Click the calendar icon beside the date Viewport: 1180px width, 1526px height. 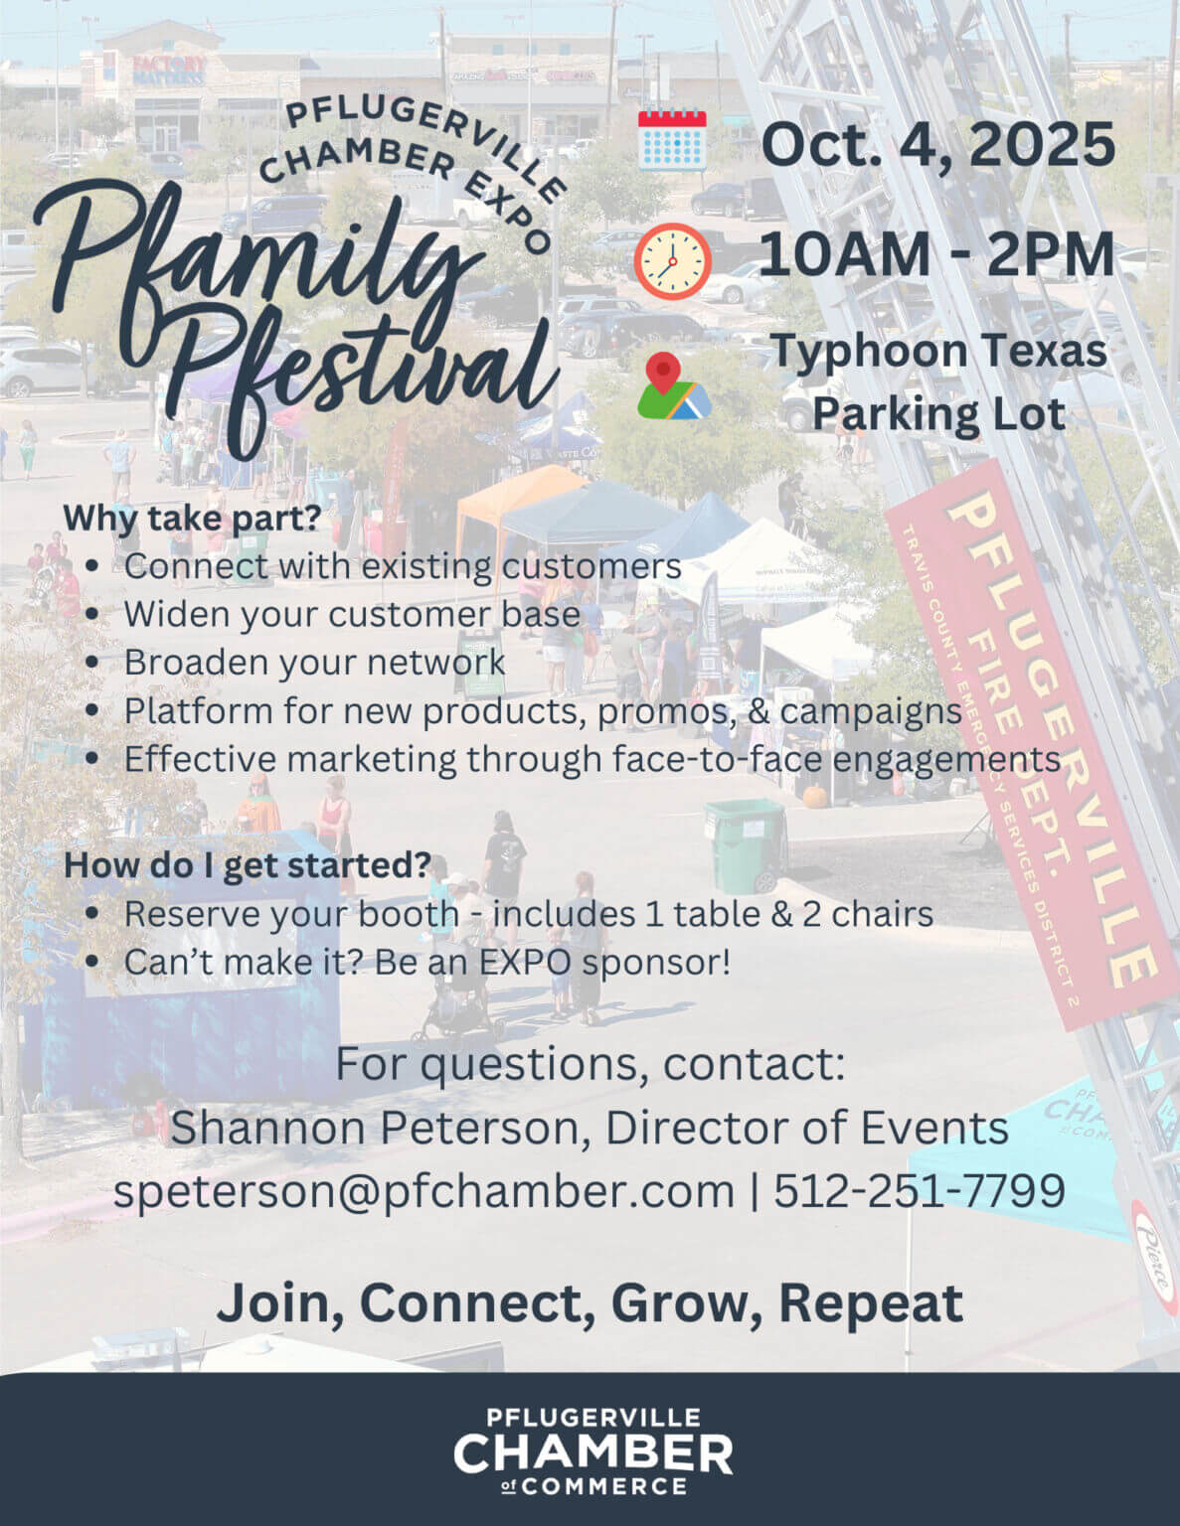[x=672, y=140]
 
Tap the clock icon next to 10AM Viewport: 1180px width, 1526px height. [x=672, y=260]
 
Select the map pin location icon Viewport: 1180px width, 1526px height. [x=673, y=385]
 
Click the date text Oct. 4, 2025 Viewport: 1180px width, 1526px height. [x=937, y=144]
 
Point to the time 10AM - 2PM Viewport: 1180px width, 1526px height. [x=935, y=254]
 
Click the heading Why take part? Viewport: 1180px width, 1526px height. [x=193, y=518]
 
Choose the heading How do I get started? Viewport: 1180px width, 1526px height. [x=248, y=864]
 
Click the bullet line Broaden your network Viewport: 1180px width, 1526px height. [x=314, y=663]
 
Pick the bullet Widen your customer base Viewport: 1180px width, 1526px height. [x=352, y=614]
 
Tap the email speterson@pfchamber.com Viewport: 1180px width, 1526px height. [x=423, y=1190]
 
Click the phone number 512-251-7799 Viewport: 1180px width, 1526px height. [x=920, y=1190]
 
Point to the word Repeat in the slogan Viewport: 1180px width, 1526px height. [x=870, y=1302]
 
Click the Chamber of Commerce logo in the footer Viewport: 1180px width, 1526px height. [x=592, y=1450]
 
